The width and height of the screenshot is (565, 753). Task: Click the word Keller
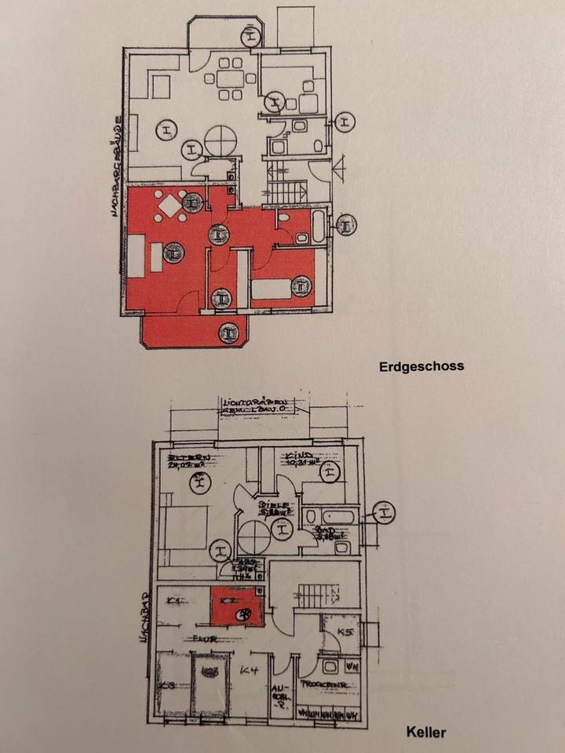pyautogui.click(x=426, y=733)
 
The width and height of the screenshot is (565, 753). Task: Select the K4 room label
pyautogui.click(x=250, y=671)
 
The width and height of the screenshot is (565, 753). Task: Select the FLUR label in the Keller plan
pyautogui.click(x=206, y=639)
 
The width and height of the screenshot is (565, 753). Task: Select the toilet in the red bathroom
pyautogui.click(x=285, y=220)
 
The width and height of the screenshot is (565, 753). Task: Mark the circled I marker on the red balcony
pyautogui.click(x=228, y=332)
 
